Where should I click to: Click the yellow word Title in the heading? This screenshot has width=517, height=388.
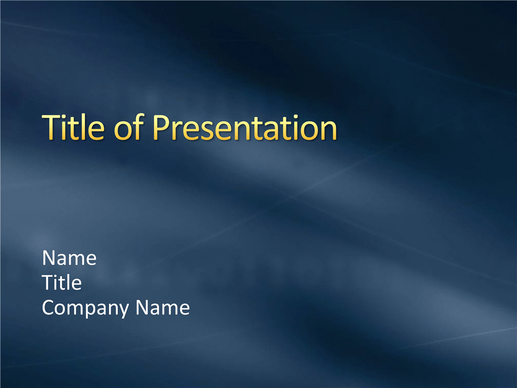click(73, 127)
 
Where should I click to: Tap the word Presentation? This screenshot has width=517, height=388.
click(244, 128)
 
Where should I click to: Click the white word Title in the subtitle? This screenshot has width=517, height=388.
click(62, 283)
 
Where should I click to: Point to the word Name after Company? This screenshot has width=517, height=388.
click(163, 308)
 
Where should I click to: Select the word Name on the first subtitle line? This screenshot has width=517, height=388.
click(69, 258)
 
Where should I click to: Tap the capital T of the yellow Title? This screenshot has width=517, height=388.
click(51, 128)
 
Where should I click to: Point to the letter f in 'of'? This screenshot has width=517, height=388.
click(138, 127)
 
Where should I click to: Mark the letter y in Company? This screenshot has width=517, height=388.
click(123, 311)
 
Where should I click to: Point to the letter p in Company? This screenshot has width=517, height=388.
click(93, 311)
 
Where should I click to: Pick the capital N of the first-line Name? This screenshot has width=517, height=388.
click(49, 258)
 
